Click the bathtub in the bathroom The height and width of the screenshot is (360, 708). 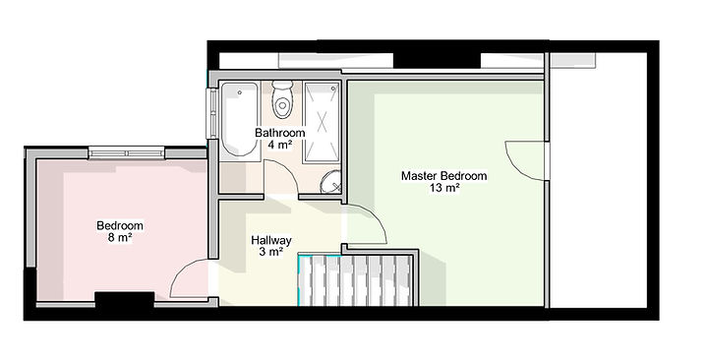pyautogui.click(x=239, y=120)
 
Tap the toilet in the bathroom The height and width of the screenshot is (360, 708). pyautogui.click(x=283, y=98)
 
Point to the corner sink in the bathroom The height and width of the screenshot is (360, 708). pyautogui.click(x=332, y=181)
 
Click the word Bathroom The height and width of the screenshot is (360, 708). pyautogui.click(x=279, y=133)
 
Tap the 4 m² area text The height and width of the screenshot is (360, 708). pyautogui.click(x=279, y=145)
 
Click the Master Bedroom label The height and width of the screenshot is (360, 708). pyautogui.click(x=443, y=176)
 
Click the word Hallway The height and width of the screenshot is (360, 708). pyautogui.click(x=270, y=240)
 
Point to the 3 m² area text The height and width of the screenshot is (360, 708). pyautogui.click(x=270, y=252)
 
